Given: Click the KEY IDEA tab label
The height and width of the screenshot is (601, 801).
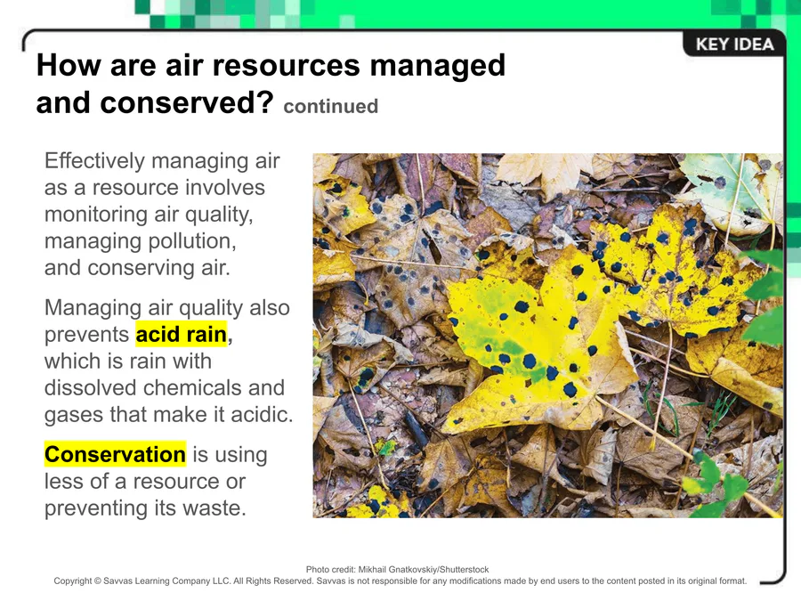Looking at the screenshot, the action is (x=734, y=45).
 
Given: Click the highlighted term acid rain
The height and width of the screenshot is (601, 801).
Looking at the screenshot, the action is (x=182, y=334).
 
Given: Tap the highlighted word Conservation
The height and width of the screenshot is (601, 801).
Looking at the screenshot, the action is (x=115, y=454).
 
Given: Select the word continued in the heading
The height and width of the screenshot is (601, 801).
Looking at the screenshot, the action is (x=330, y=106).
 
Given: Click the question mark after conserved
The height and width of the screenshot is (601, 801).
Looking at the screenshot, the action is (x=264, y=102).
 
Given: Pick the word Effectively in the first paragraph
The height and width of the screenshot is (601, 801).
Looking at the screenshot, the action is (x=94, y=161).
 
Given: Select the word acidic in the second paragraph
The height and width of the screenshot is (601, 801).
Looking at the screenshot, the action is (x=262, y=414).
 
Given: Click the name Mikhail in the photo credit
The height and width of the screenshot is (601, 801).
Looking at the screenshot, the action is (x=371, y=569).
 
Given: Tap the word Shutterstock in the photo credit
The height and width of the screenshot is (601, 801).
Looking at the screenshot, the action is (x=464, y=569).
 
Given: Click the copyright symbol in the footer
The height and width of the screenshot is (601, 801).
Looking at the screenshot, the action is (x=97, y=581).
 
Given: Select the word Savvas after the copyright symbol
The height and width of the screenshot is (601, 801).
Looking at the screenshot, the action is (x=116, y=581).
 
